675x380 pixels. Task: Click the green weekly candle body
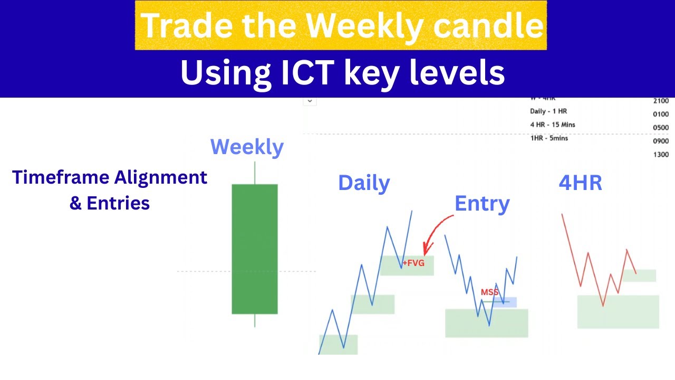(x=255, y=249)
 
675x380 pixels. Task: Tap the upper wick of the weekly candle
(x=255, y=173)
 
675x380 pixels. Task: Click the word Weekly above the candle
(x=247, y=147)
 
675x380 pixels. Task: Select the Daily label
(x=364, y=183)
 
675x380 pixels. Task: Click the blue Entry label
(x=482, y=204)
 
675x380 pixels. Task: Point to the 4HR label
(x=580, y=183)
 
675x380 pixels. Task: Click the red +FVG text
(x=413, y=263)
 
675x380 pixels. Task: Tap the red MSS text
(x=489, y=292)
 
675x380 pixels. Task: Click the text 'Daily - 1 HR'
(x=548, y=111)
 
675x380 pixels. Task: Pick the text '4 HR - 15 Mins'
(x=552, y=125)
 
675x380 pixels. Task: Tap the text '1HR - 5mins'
(x=549, y=138)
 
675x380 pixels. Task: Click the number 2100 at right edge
(x=660, y=101)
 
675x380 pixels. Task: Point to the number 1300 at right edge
(x=660, y=155)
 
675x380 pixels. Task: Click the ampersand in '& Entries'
(x=75, y=203)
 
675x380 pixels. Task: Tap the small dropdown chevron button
(x=310, y=100)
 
